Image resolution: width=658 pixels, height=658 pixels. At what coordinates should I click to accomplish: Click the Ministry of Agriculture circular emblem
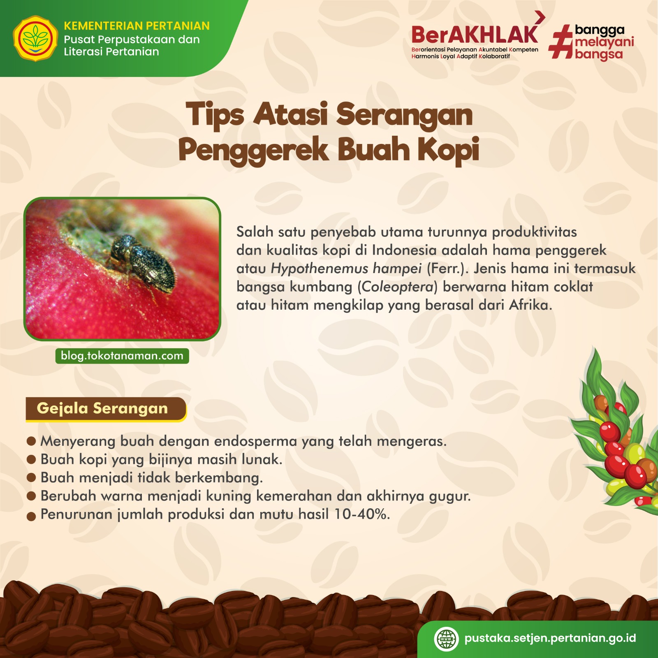click(x=36, y=39)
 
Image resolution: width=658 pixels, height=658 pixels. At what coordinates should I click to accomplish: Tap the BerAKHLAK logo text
click(x=475, y=35)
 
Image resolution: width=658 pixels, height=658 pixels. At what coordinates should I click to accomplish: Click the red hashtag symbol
click(x=561, y=42)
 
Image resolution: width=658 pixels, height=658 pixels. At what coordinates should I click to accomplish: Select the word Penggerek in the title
click(x=253, y=151)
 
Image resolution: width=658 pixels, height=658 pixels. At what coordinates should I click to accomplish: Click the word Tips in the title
click(x=215, y=115)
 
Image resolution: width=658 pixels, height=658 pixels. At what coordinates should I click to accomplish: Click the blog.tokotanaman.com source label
click(x=122, y=356)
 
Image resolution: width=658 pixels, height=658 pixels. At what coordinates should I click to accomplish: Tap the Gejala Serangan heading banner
click(x=106, y=409)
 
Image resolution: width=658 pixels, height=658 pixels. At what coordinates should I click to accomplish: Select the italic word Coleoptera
click(x=397, y=287)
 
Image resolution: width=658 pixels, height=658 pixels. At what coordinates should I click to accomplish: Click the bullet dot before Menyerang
click(x=31, y=441)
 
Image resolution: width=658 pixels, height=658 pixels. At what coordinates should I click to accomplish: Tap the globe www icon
click(x=446, y=639)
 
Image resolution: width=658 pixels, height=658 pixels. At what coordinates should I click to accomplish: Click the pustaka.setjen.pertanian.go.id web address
click(x=550, y=638)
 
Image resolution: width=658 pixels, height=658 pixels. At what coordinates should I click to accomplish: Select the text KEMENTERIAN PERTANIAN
click(x=137, y=26)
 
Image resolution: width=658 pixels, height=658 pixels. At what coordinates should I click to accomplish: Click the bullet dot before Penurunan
click(x=31, y=517)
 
